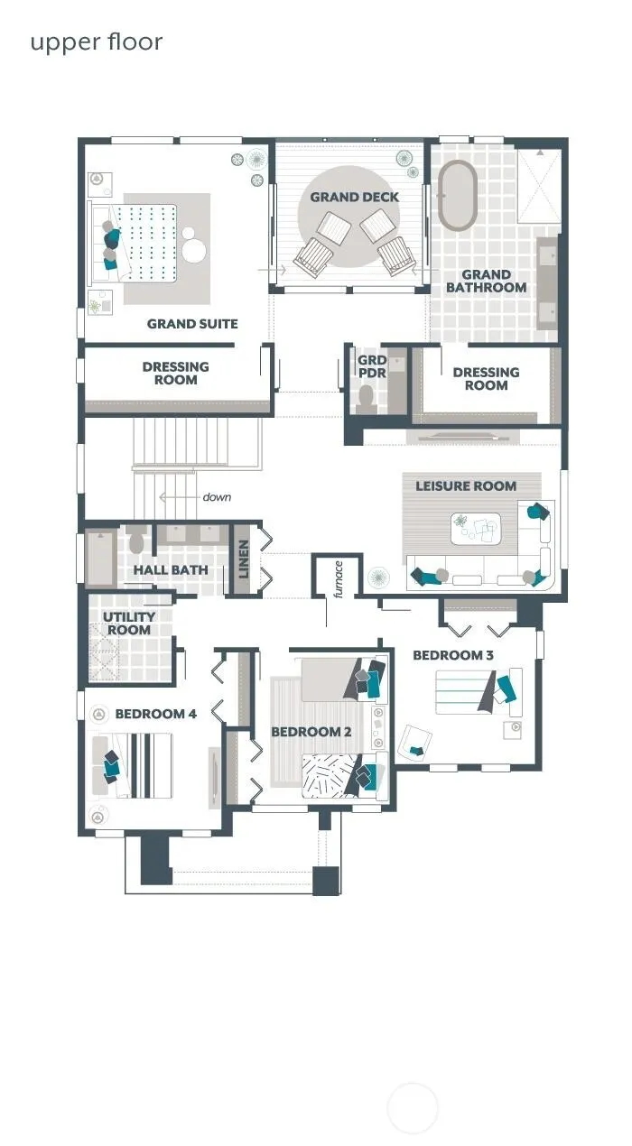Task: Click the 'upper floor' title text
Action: (x=97, y=42)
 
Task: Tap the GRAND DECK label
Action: (x=354, y=197)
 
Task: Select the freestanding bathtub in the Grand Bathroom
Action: (x=457, y=196)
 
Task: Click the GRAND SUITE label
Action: (x=192, y=324)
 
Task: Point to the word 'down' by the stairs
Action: (x=217, y=497)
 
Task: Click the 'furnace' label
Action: (x=338, y=579)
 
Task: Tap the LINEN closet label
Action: (x=244, y=559)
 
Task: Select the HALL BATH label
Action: (x=171, y=570)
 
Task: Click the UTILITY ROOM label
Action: (x=129, y=624)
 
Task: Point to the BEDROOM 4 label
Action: (x=155, y=714)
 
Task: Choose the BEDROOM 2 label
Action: (x=311, y=732)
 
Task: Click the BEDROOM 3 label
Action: (x=453, y=655)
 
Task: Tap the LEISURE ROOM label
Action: (x=466, y=486)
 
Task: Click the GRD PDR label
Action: (x=372, y=367)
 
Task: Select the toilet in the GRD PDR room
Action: (x=366, y=399)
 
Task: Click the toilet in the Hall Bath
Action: (x=135, y=540)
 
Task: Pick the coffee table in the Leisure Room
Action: (x=476, y=529)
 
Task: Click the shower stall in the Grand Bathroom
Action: (x=539, y=186)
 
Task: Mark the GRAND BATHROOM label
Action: (x=486, y=282)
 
